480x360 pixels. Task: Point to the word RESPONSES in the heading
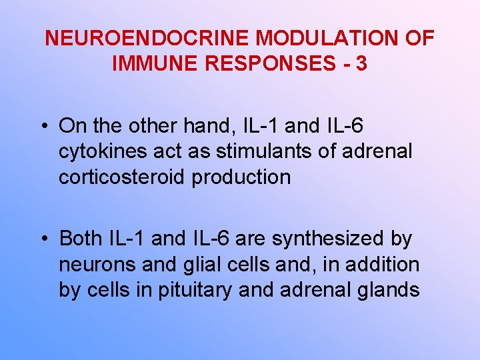pyautogui.click(x=270, y=64)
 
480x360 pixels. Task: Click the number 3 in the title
pyautogui.click(x=361, y=64)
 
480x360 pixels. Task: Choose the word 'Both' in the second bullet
pyautogui.click(x=80, y=238)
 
